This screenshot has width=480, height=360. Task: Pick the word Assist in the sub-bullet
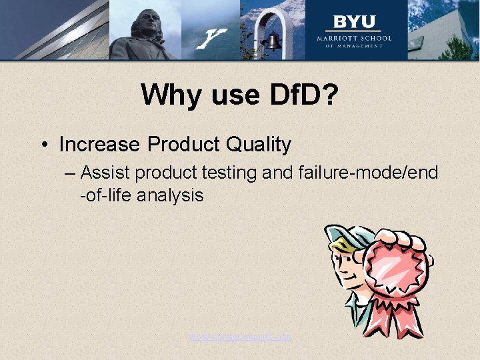pyautogui.click(x=105, y=173)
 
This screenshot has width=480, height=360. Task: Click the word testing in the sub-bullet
pyautogui.click(x=227, y=173)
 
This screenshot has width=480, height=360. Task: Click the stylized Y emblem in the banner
pyautogui.click(x=212, y=39)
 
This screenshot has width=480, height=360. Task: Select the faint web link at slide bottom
pyautogui.click(x=240, y=337)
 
